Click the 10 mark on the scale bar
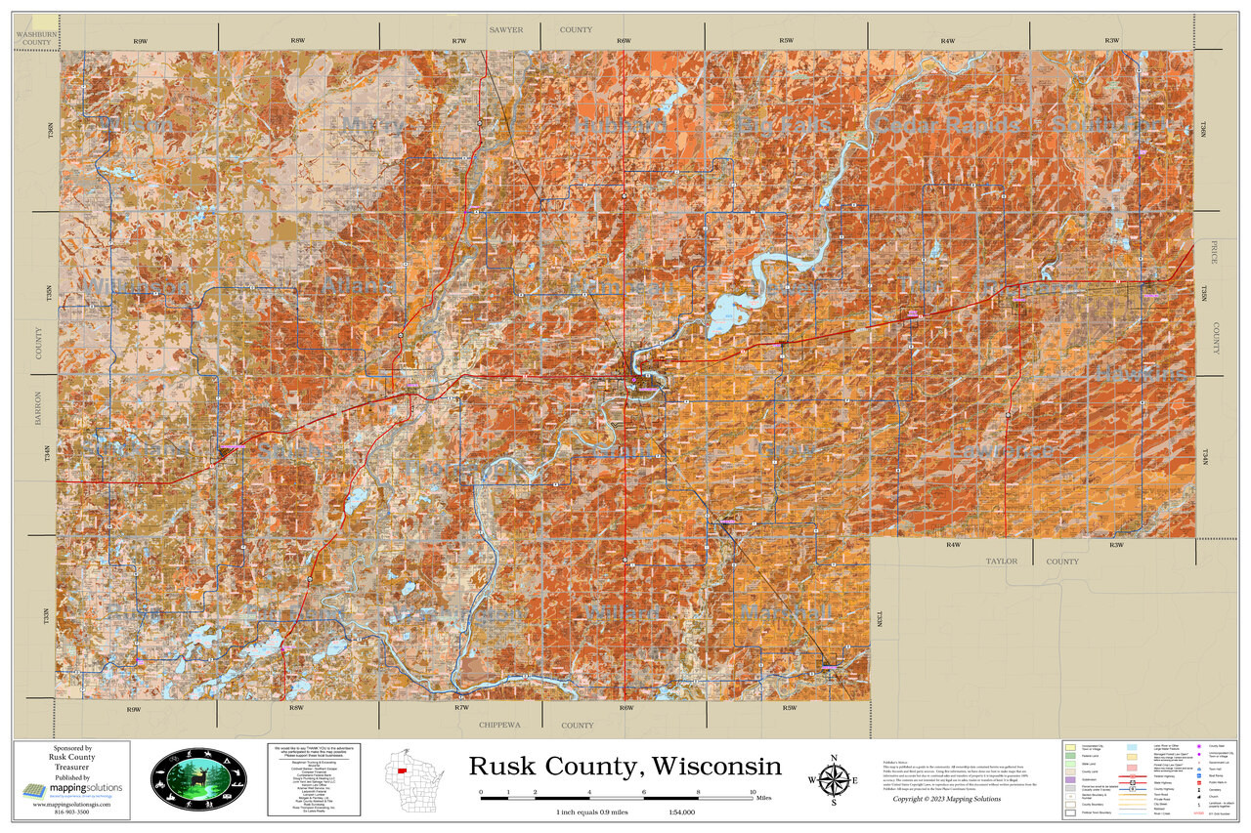click(752, 792)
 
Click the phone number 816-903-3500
click(69, 812)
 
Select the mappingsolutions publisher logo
click(69, 789)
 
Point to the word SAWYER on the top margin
click(506, 30)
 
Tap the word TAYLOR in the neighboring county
click(1001, 562)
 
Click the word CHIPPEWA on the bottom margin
click(500, 726)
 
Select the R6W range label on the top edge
click(624, 41)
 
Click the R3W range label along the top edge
click(1112, 41)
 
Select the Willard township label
click(623, 612)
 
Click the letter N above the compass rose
click(833, 759)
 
